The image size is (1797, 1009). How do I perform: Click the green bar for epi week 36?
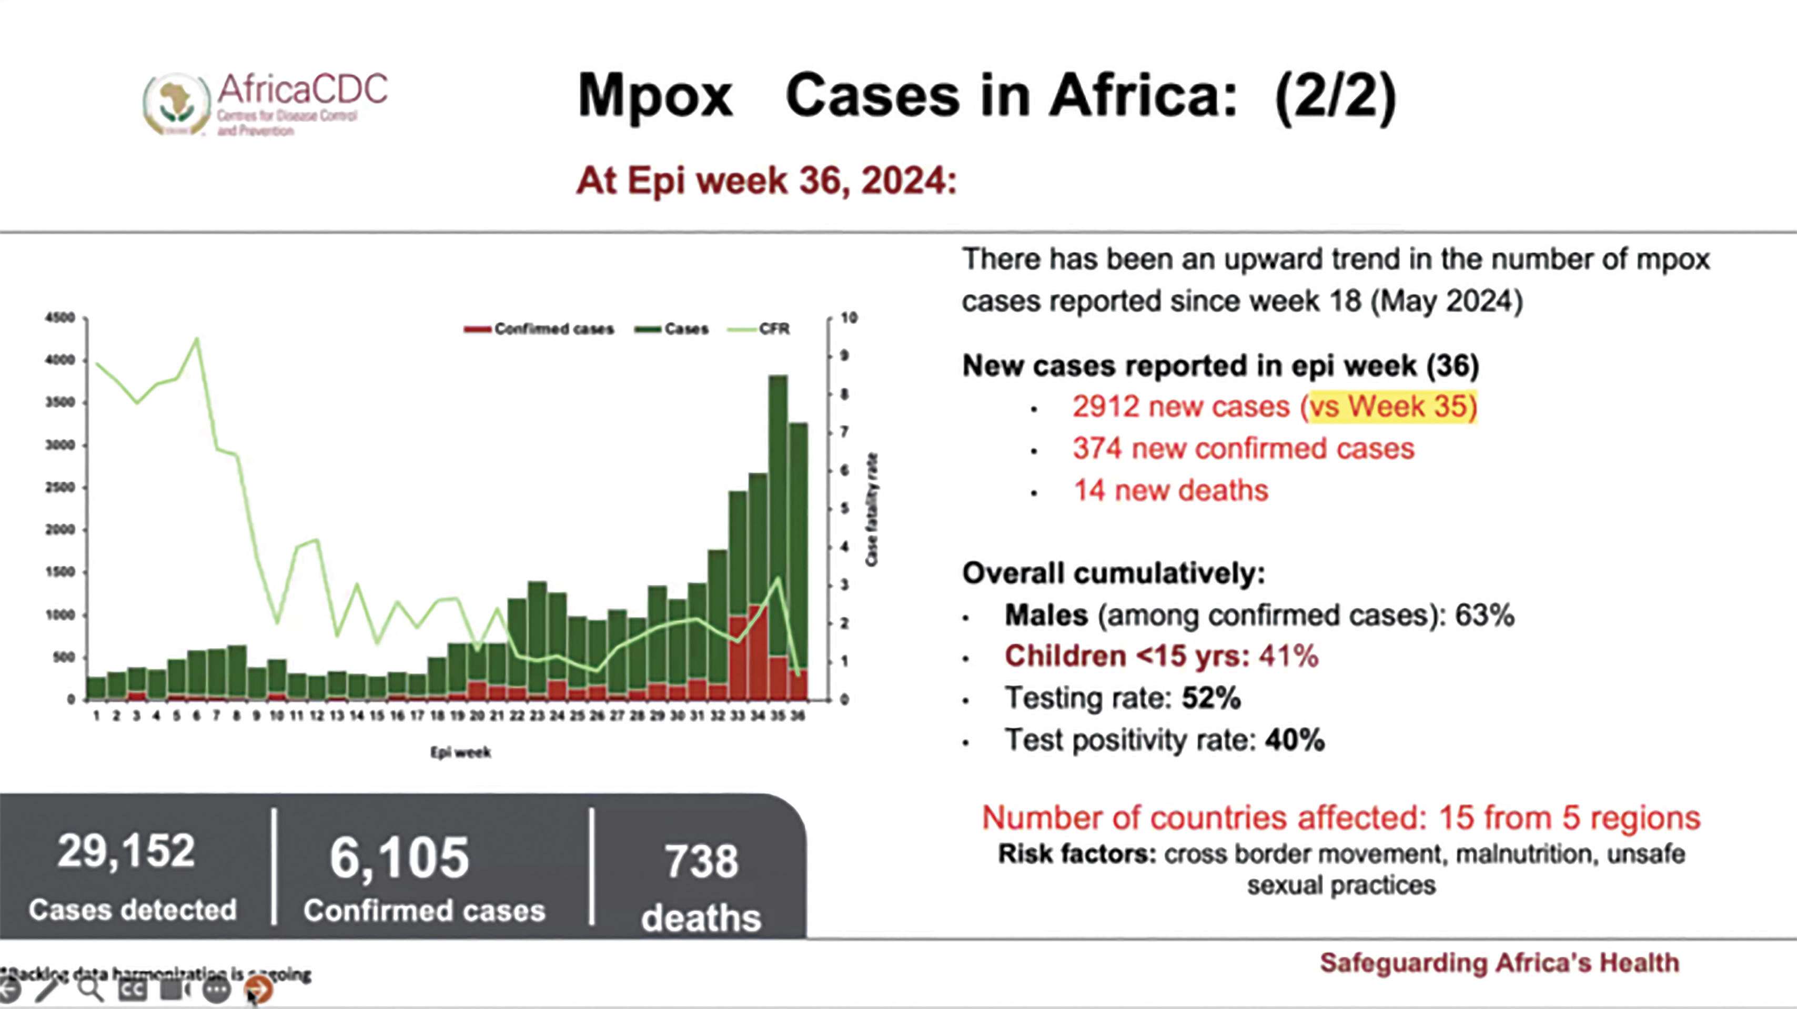click(799, 544)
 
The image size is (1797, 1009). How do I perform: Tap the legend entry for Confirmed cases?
click(539, 329)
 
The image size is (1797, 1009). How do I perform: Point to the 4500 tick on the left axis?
click(60, 318)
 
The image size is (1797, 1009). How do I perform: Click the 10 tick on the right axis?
click(849, 318)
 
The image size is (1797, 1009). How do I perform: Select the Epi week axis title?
click(460, 752)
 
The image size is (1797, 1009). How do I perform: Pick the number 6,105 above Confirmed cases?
click(399, 858)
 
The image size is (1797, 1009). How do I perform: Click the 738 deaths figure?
click(701, 862)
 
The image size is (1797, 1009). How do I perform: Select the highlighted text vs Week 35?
click(1392, 407)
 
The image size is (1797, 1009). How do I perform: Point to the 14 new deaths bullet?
click(1170, 490)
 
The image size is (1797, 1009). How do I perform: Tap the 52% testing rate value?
click(1211, 698)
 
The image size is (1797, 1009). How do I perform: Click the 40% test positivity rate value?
click(1295, 740)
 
